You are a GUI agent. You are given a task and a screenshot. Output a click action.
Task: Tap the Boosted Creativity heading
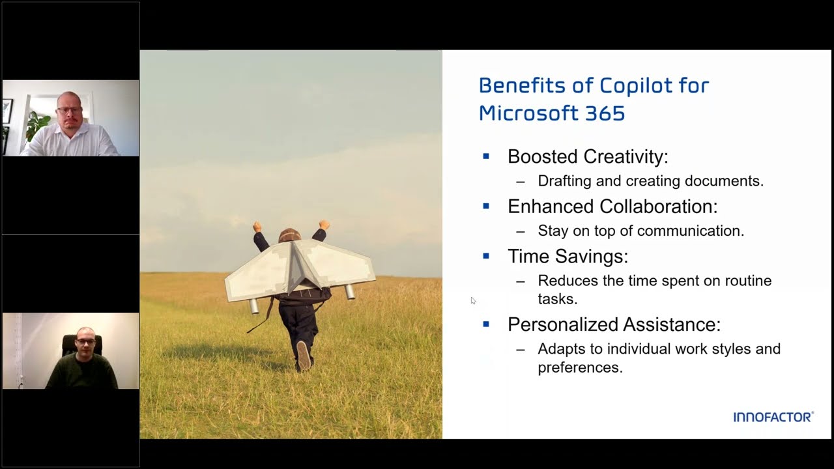pyautogui.click(x=588, y=156)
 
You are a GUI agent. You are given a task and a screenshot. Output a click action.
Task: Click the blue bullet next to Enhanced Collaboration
pyautogui.click(x=486, y=206)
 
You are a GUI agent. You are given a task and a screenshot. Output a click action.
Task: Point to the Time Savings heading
pyautogui.click(x=568, y=256)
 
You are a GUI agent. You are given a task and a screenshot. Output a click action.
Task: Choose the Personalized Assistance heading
pyautogui.click(x=614, y=324)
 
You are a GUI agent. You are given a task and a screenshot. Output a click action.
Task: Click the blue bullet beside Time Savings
pyautogui.click(x=486, y=256)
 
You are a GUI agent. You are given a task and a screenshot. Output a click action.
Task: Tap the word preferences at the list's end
pyautogui.click(x=580, y=367)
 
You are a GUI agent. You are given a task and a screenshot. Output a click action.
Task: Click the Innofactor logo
pyautogui.click(x=773, y=417)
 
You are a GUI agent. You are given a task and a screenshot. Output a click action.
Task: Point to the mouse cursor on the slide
pyautogui.click(x=473, y=300)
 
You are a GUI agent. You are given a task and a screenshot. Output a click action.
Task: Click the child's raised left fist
pyautogui.click(x=257, y=226)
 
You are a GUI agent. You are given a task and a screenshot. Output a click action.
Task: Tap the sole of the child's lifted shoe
pyautogui.click(x=304, y=355)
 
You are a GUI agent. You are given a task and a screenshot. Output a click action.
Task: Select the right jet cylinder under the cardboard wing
pyautogui.click(x=350, y=292)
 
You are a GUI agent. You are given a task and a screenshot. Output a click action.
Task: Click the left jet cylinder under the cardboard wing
pyautogui.click(x=253, y=306)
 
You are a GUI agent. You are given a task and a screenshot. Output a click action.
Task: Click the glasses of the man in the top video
pyautogui.click(x=70, y=109)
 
